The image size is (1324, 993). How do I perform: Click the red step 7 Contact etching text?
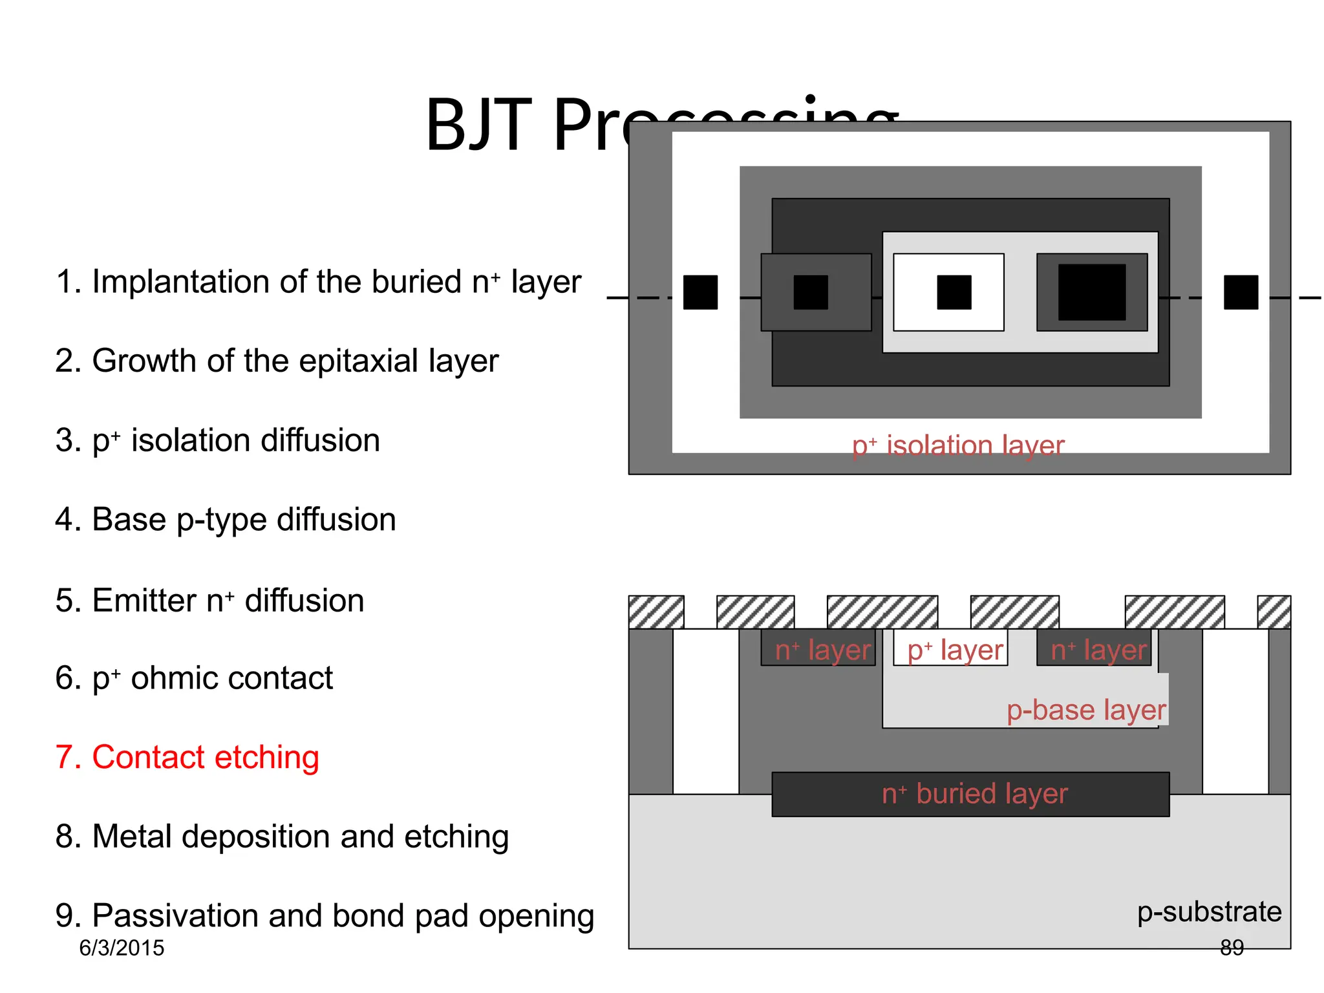[187, 757]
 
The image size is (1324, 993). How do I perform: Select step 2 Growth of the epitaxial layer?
[277, 361]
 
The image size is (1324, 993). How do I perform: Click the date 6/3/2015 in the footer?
[122, 948]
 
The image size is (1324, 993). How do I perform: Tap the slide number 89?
[1232, 948]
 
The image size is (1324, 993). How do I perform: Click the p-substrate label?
[1209, 912]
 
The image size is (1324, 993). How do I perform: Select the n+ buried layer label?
[974, 794]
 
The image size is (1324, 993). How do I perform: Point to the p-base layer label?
[1086, 710]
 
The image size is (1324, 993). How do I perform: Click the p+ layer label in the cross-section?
[955, 650]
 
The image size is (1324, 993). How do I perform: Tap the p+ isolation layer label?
[957, 445]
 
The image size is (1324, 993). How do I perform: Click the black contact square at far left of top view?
[700, 292]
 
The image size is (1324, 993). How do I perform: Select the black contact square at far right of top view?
[1241, 292]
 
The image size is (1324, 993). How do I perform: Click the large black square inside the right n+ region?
[1091, 292]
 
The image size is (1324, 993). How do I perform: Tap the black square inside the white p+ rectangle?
[954, 292]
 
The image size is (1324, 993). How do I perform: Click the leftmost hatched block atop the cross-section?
[656, 612]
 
